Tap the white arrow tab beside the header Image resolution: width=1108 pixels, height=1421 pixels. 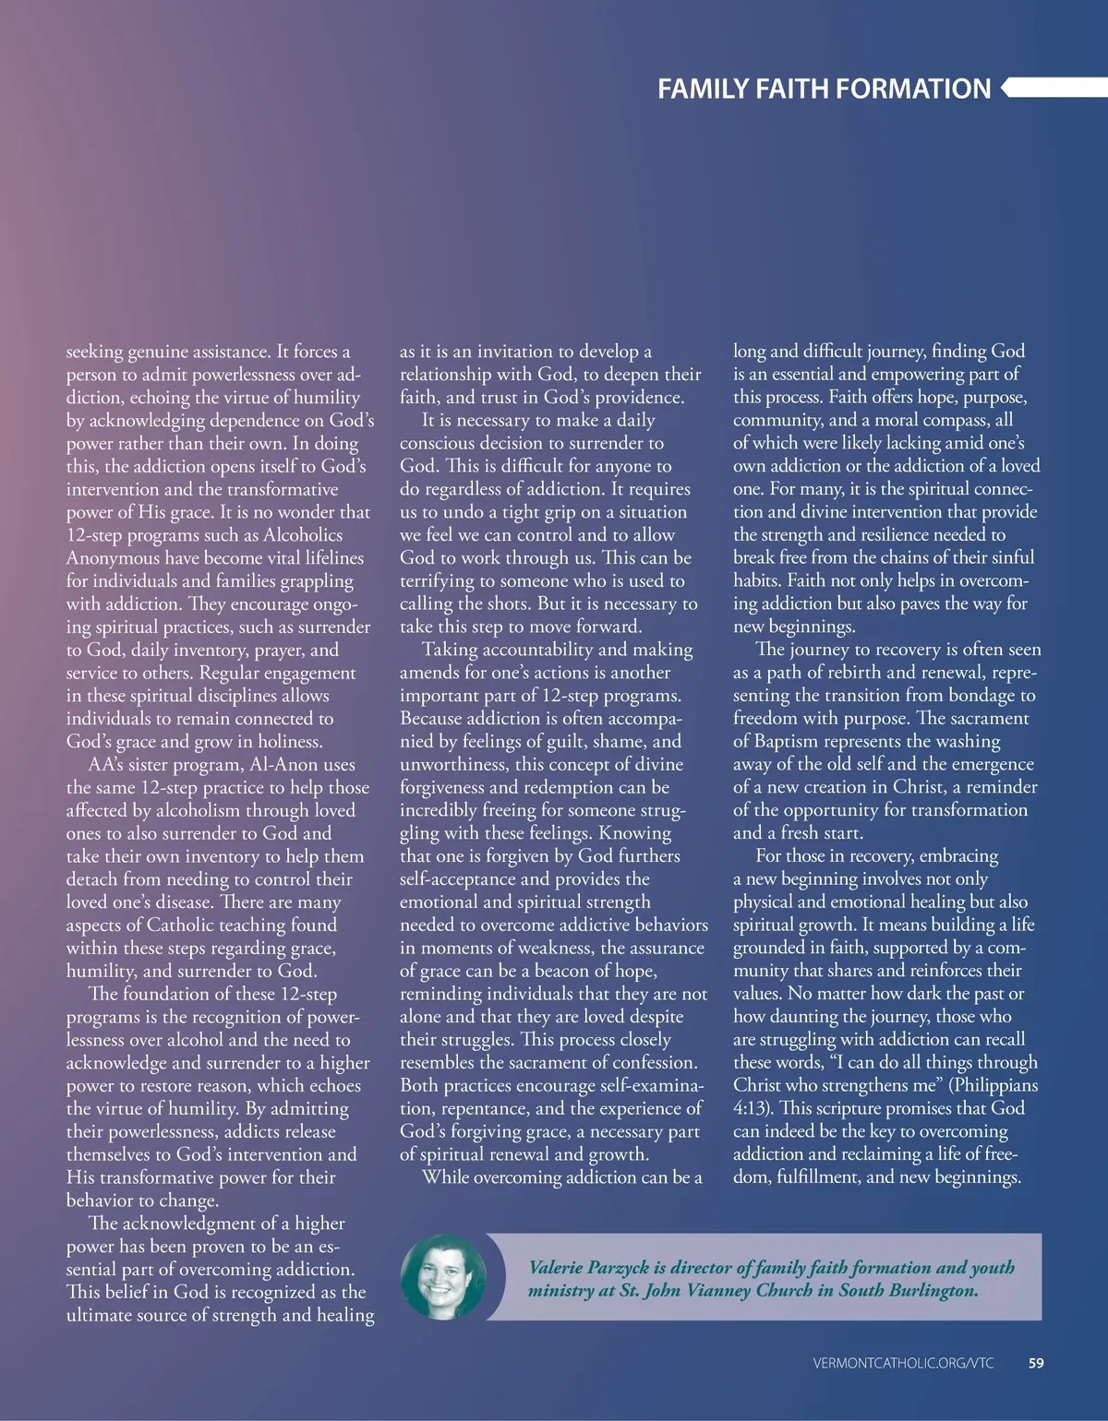click(1053, 88)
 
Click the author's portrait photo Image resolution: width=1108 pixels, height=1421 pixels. click(443, 1277)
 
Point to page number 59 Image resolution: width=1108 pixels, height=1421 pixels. click(1036, 1363)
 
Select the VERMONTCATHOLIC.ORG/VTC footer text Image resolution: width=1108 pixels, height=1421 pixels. click(904, 1363)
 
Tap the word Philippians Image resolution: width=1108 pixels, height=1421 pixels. click(997, 1085)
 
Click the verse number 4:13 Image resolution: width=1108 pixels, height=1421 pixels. click(753, 1108)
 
